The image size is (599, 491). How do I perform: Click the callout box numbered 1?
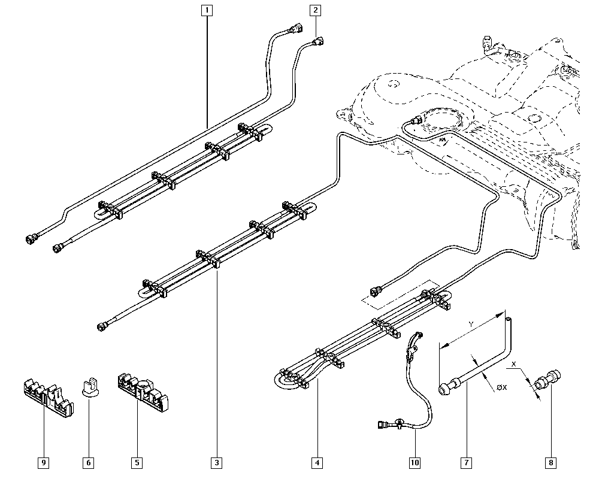tap(207, 10)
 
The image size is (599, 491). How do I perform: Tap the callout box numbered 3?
tap(216, 462)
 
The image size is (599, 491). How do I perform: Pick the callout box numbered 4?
tap(317, 462)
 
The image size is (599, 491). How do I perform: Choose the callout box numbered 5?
tap(137, 462)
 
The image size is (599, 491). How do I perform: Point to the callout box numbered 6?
tap(89, 462)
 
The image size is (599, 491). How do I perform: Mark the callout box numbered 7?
tap(465, 462)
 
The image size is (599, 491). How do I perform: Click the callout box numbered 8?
tap(550, 462)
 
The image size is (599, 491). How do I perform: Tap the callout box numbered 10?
tap(415, 462)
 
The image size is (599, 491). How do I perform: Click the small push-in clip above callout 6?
tap(89, 387)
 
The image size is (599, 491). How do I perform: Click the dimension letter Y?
tap(471, 324)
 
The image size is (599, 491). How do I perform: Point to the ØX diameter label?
tap(501, 387)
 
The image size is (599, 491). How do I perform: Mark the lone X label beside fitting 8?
tap(514, 363)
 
